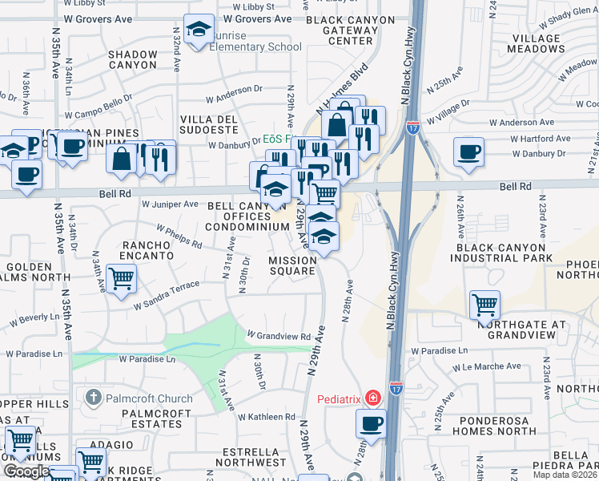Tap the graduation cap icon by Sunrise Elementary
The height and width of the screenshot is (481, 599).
tap(197, 30)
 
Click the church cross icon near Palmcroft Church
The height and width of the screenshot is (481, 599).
tap(93, 398)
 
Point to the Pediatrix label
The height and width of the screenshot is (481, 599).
tap(340, 398)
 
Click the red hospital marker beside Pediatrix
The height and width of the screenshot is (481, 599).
tap(372, 398)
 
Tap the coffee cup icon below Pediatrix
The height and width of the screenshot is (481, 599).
tap(370, 423)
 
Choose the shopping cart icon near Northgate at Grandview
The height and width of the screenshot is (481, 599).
tap(484, 304)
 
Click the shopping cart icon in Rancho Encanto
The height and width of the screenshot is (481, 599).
tap(121, 278)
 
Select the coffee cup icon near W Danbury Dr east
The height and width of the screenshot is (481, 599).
tap(468, 151)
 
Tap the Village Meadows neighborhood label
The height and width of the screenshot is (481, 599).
tap(548, 43)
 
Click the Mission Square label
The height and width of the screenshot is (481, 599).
tap(291, 265)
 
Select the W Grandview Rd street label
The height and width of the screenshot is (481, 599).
tap(278, 335)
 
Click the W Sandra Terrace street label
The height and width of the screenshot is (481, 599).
tap(167, 296)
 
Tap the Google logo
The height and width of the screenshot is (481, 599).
tap(26, 471)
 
